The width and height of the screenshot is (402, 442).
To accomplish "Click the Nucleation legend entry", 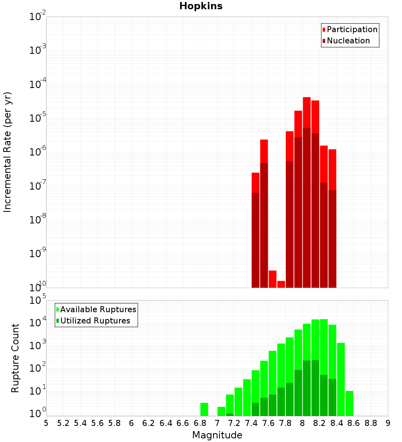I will coord(348,41).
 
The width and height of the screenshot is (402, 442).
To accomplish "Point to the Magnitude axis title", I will coord(217,435).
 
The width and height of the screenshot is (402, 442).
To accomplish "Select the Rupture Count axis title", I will coord(15,358).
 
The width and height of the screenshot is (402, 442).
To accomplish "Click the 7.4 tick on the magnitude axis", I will coord(251,423).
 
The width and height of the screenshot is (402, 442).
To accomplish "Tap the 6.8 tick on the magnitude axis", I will coord(200,423).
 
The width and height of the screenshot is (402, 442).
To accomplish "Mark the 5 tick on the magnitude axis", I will coord(46,423).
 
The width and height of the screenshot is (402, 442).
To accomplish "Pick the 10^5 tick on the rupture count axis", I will coord(38,300).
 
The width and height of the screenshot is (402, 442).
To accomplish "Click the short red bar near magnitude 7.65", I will coord(273,279).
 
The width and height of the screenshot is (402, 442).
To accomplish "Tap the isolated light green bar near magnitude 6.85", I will coord(204,409).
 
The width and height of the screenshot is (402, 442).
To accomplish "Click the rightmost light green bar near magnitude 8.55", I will coord(349,403).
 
